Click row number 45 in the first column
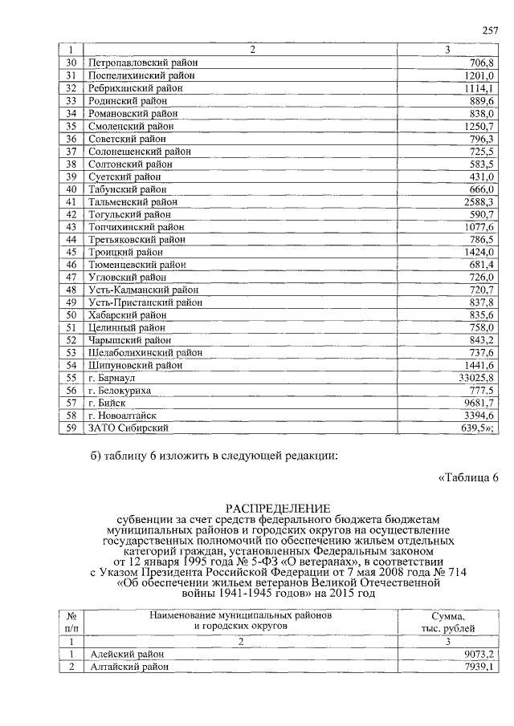(71, 252)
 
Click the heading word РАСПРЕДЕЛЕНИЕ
(277, 508)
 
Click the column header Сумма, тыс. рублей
(453, 621)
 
